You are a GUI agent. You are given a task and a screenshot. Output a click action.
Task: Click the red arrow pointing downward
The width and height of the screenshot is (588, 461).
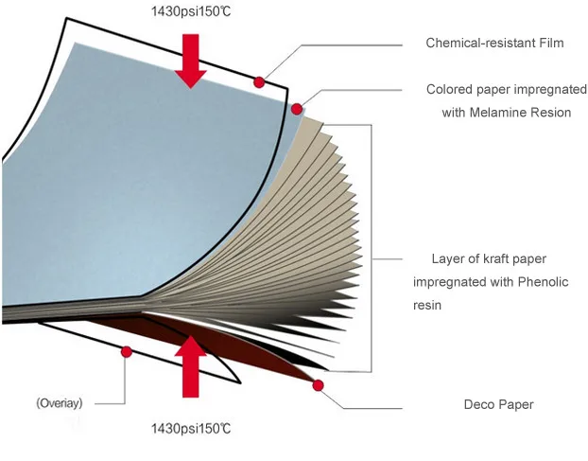191,60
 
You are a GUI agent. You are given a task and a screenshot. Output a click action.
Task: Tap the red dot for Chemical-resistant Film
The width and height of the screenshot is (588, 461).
258,83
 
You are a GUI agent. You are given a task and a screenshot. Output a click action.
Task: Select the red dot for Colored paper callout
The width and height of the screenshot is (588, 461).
297,109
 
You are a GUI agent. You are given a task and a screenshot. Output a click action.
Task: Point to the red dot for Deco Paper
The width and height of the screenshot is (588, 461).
319,385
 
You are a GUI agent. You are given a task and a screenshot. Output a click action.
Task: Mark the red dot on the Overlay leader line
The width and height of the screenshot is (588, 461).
127,351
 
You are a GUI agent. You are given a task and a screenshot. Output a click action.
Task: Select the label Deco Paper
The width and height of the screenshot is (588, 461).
498,405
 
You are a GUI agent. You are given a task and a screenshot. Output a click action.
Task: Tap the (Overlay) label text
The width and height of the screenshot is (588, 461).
64,403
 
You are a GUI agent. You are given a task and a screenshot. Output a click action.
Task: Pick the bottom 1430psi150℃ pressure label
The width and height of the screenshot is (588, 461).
191,429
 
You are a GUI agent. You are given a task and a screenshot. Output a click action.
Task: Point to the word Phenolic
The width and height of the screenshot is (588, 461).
541,282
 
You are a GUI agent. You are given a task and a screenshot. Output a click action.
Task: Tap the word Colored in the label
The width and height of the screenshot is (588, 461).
450,90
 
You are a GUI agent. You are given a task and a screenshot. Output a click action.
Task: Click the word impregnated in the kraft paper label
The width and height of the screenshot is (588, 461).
452,282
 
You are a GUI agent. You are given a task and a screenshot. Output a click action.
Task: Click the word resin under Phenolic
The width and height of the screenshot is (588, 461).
428,305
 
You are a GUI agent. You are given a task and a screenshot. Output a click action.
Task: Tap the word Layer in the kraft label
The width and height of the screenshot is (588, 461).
449,258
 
